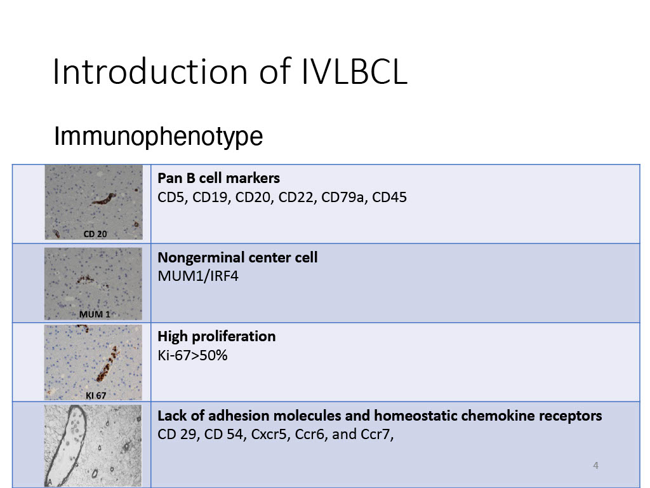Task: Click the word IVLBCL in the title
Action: (354, 71)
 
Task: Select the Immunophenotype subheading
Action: (158, 136)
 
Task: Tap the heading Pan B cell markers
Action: (218, 178)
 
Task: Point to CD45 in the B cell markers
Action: (389, 197)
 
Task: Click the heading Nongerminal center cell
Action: (237, 257)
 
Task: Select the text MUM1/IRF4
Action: (198, 276)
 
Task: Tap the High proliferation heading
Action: (216, 336)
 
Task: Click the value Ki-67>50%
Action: (192, 355)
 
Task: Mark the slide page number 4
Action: (595, 466)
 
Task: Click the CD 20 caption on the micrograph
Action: (95, 234)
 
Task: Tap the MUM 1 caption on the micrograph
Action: (95, 315)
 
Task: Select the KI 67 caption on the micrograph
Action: (96, 395)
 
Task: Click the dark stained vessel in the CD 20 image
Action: (103, 200)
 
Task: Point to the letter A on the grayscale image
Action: (50, 482)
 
